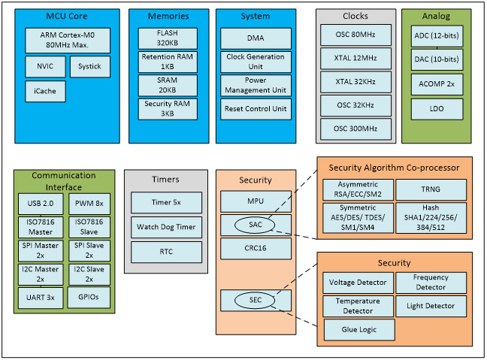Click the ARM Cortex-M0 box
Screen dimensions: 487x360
68,41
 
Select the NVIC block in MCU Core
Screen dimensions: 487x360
45,66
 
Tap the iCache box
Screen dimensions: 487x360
45,92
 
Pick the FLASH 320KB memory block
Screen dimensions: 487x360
168,38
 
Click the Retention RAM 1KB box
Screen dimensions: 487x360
168,62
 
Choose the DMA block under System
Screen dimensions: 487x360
256,38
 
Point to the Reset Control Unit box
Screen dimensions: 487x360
256,109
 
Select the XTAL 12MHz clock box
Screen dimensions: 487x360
355,59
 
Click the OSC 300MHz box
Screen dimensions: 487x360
355,129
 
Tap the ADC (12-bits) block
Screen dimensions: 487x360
437,36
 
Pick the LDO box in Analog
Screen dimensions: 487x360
437,109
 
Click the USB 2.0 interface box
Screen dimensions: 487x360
41,204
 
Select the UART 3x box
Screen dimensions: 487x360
41,298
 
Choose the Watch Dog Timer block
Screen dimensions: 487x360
167,227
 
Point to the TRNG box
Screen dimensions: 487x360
431,189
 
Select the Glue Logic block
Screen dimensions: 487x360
359,330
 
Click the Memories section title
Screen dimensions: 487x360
168,16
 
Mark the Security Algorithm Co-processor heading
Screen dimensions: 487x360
394,168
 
